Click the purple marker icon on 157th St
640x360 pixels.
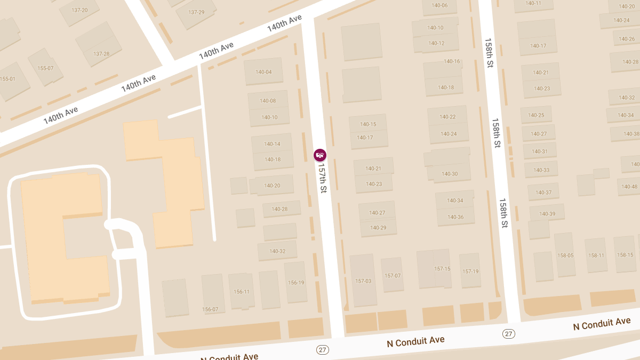(320, 155)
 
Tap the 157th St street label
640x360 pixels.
(322, 178)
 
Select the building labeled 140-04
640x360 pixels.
(263, 72)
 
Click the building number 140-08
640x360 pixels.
(268, 101)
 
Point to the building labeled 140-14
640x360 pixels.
(272, 144)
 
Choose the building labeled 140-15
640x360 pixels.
(368, 124)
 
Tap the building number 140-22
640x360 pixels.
(447, 117)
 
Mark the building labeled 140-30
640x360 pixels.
(450, 174)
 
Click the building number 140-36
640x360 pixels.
(455, 217)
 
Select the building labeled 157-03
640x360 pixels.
(363, 281)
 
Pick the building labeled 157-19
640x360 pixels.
(470, 271)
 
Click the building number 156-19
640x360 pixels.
(295, 283)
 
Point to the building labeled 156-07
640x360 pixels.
(211, 309)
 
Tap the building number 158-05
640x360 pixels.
(565, 255)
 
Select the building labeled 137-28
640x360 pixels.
(101, 54)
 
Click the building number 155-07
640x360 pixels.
(45, 68)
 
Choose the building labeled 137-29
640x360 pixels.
(196, 12)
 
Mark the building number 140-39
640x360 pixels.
(547, 214)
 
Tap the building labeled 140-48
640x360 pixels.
(629, 187)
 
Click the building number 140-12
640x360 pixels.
(436, 43)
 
